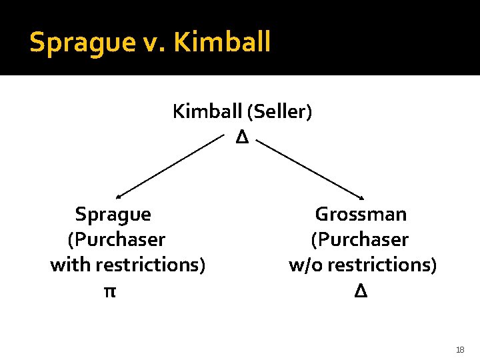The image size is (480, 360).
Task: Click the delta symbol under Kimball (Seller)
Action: coord(241,138)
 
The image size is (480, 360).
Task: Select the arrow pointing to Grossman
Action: coord(310,169)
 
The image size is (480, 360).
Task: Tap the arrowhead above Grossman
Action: coord(361,197)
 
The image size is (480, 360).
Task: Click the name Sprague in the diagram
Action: coord(113,215)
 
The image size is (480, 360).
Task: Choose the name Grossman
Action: coord(361,215)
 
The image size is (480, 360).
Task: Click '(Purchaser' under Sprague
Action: coord(116,239)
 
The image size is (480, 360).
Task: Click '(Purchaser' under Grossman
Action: coord(359,239)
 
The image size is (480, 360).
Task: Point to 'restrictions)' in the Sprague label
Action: coord(150,265)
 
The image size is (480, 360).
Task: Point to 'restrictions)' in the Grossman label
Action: coord(382,265)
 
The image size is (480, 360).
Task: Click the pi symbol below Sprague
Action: coord(109,291)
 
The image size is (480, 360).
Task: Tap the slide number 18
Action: coord(460,349)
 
